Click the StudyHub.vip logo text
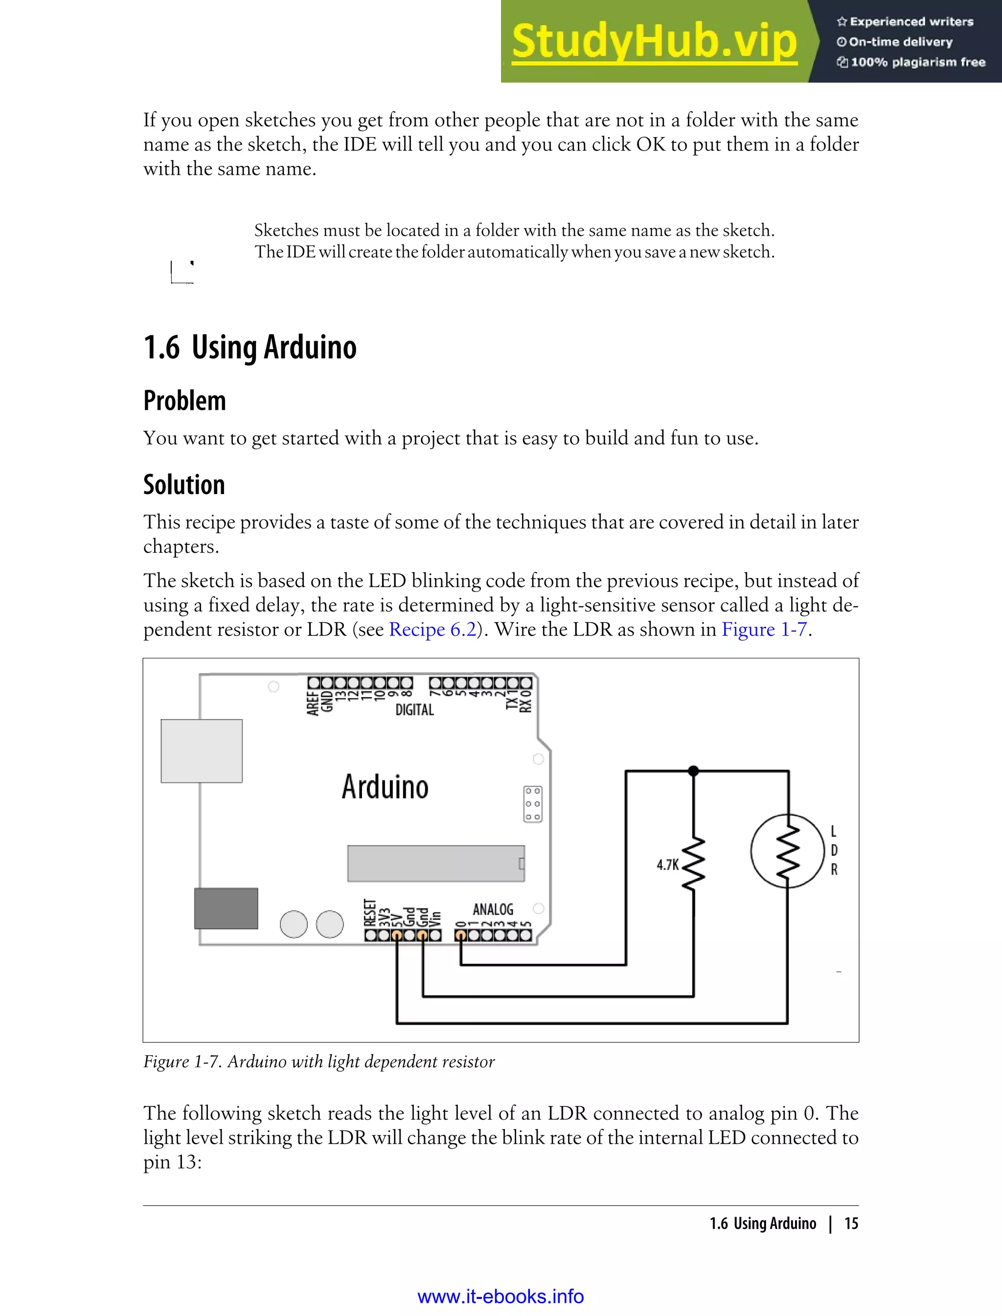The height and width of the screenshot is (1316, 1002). click(654, 42)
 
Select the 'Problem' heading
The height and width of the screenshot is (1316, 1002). click(184, 400)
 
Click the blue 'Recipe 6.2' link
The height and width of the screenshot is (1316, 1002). click(433, 630)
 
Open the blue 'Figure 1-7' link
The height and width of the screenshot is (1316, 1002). click(764, 630)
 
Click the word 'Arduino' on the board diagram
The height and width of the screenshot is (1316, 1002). click(385, 787)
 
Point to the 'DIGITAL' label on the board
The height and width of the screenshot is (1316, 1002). click(414, 709)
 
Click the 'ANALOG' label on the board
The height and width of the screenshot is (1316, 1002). click(493, 909)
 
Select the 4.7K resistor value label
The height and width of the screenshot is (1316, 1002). click(667, 865)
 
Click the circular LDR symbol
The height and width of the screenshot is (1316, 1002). click(787, 850)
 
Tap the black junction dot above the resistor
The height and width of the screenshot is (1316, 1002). click(693, 771)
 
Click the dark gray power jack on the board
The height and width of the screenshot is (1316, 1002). click(226, 908)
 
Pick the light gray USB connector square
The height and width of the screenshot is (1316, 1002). click(202, 751)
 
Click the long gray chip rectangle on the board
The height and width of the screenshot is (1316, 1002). click(435, 863)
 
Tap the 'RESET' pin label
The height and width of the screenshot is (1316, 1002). click(370, 913)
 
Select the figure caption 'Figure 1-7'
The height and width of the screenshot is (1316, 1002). click(319, 1062)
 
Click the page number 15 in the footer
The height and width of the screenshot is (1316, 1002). click(851, 1223)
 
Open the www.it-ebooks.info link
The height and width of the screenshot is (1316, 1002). click(501, 1296)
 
